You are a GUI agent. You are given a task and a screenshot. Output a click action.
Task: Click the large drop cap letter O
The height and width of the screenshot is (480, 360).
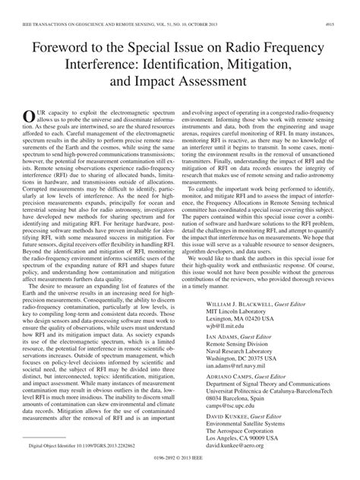tap(30, 115)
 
